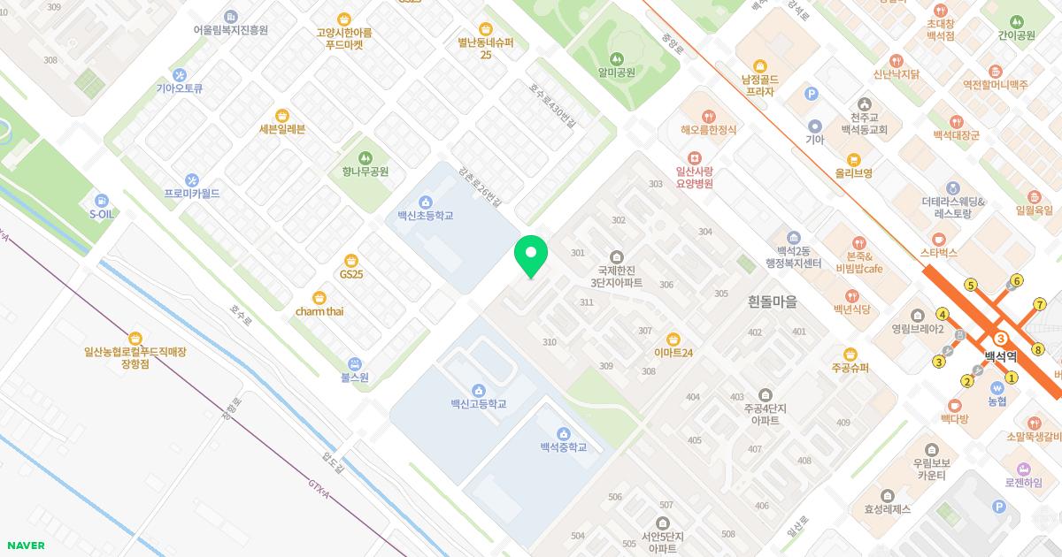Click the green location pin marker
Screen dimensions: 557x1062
click(x=531, y=255)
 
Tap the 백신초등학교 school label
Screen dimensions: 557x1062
click(x=425, y=216)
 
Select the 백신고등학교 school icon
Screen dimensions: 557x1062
click(x=478, y=390)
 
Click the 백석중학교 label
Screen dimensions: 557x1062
click(x=564, y=447)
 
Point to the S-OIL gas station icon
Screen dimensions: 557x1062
click(x=102, y=201)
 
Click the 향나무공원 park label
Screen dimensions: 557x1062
click(x=366, y=172)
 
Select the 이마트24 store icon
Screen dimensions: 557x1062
click(x=673, y=339)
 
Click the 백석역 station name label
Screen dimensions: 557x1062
click(x=1001, y=356)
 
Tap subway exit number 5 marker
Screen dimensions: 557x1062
click(x=971, y=285)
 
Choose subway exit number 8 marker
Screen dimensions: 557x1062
click(x=1038, y=349)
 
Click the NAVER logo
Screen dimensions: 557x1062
click(x=26, y=546)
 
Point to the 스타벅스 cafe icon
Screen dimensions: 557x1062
click(x=939, y=239)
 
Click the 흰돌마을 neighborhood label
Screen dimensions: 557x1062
click(x=772, y=301)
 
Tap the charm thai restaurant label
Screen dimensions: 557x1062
click(x=319, y=311)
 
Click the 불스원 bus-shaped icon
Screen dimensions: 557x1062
click(x=354, y=363)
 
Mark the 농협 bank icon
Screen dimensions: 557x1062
click(x=997, y=386)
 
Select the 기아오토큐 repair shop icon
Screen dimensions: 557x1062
click(x=180, y=74)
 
